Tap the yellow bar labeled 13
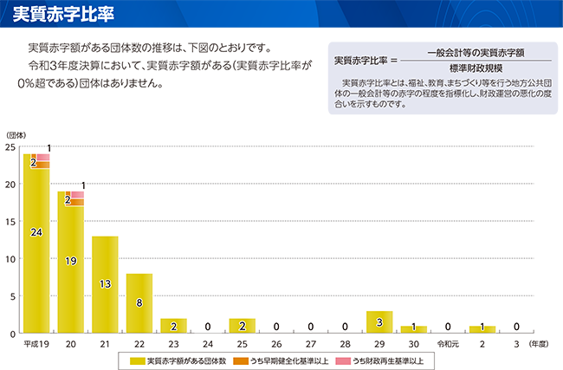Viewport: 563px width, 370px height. [x=105, y=284]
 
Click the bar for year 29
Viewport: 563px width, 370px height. [x=379, y=321]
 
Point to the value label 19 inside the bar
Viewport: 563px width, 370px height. [x=70, y=261]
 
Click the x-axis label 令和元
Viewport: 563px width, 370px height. [x=448, y=344]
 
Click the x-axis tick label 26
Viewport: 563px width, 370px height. [x=276, y=344]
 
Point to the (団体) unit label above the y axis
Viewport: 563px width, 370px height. [x=16, y=134]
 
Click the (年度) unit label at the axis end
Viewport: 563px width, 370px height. [x=538, y=344]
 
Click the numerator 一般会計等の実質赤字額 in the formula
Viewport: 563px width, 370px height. [x=476, y=52]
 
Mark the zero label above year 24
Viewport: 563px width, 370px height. [x=208, y=327]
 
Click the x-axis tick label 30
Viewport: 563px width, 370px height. [x=413, y=344]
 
